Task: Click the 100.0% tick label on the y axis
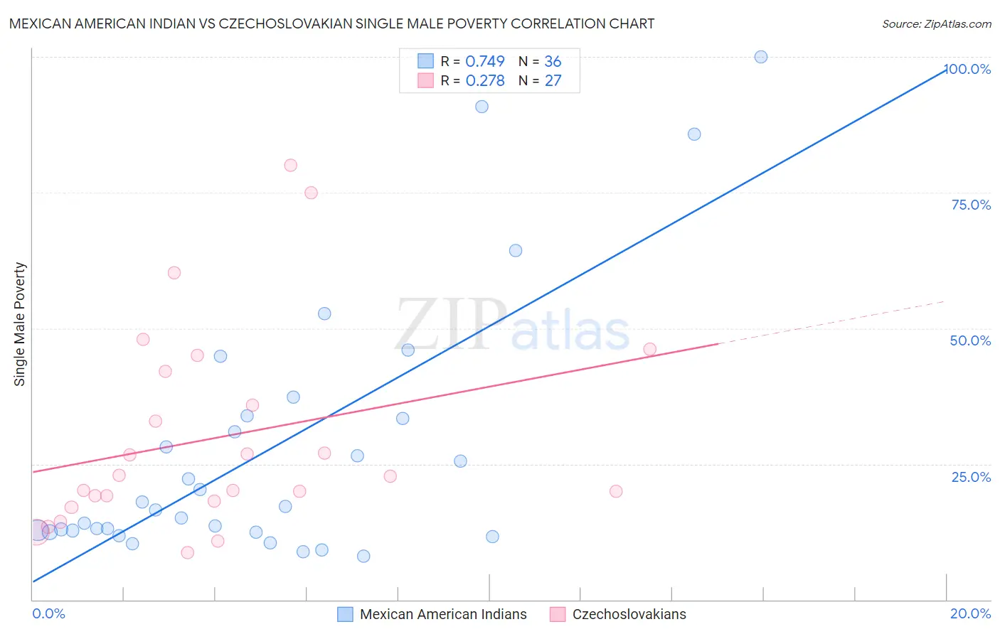(x=968, y=69)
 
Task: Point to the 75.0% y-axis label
(x=971, y=205)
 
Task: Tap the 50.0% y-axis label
(x=970, y=340)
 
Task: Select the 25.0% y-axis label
(x=971, y=477)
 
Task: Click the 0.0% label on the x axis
(x=48, y=613)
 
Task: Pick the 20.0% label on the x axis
(x=970, y=613)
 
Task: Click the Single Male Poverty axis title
(x=20, y=324)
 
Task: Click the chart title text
(x=331, y=23)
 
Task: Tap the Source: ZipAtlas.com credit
(x=936, y=24)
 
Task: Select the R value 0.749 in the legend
(x=485, y=61)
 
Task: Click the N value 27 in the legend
(x=553, y=80)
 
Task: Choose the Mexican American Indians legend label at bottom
(x=443, y=614)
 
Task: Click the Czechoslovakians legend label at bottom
(x=629, y=614)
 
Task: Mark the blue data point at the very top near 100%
(x=761, y=57)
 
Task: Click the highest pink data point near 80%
(x=290, y=166)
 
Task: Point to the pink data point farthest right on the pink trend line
(x=649, y=349)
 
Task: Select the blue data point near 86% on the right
(x=694, y=134)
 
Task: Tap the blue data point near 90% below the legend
(x=482, y=107)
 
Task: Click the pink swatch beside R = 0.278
(x=425, y=80)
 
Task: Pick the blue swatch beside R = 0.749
(x=425, y=61)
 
